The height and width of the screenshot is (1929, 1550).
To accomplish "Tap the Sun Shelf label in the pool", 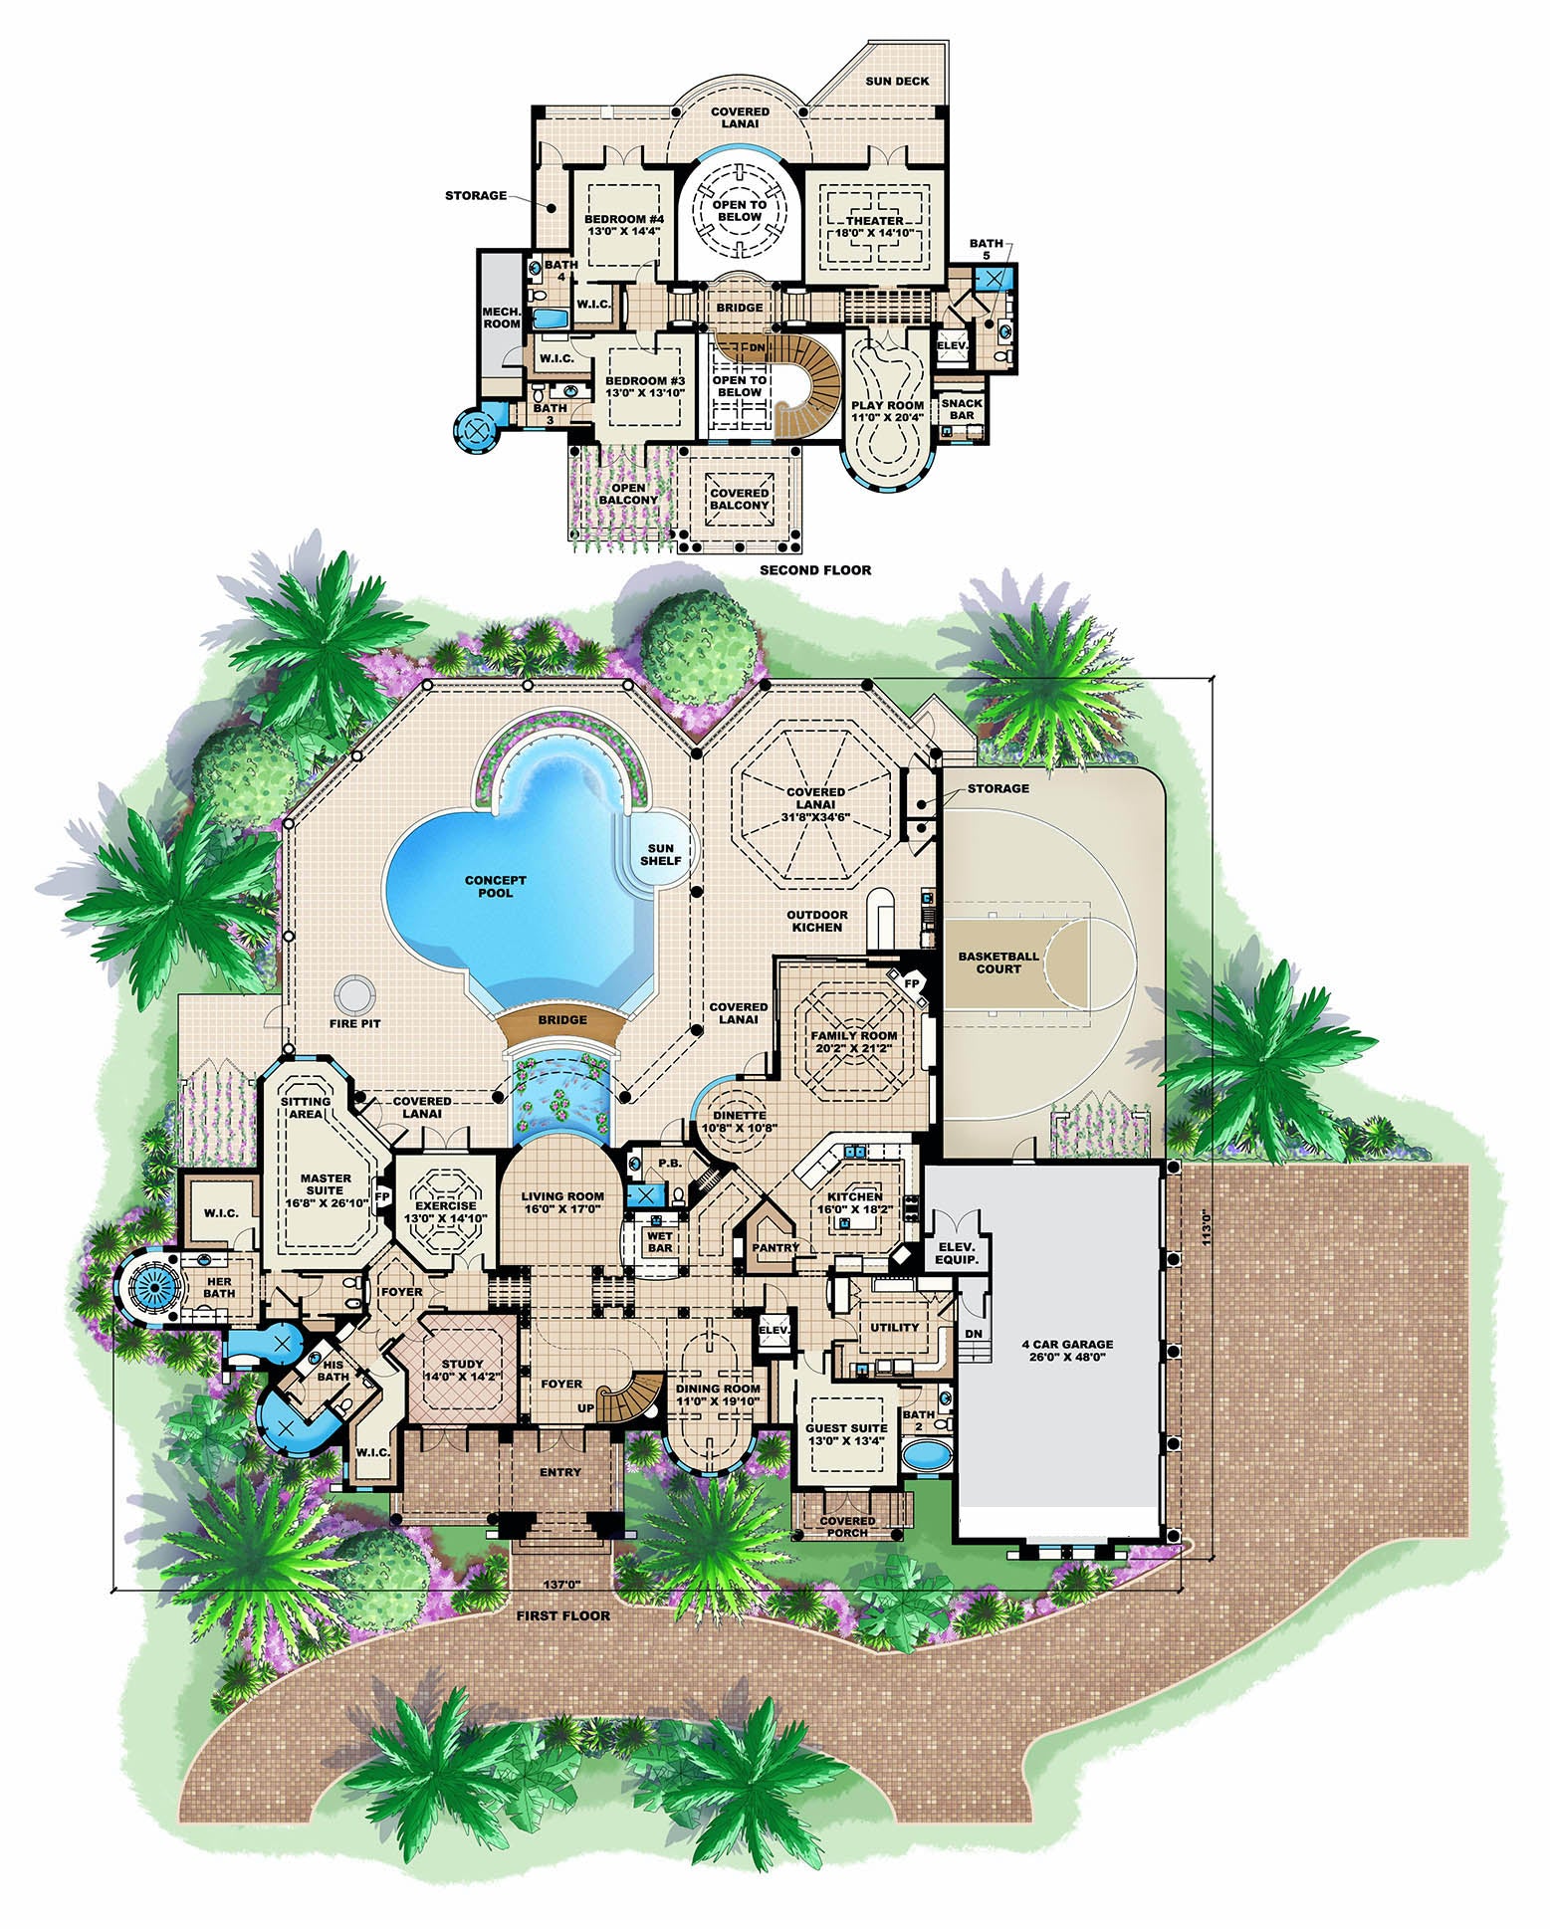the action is [x=661, y=854].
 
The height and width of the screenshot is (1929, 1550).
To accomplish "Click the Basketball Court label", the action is [x=998, y=963].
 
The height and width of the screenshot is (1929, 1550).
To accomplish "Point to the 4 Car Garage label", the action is [x=1066, y=1350].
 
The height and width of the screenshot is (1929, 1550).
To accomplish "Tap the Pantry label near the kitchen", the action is [x=775, y=1247].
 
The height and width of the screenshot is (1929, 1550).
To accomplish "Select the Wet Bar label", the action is [x=659, y=1242].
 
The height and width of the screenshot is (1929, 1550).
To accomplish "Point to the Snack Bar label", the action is [x=962, y=409].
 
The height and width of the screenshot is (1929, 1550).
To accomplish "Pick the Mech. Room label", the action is [x=502, y=317].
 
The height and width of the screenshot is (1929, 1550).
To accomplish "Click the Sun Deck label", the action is [x=897, y=81].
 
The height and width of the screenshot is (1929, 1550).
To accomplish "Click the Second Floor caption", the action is [x=815, y=570].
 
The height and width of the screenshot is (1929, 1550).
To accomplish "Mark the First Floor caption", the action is [x=563, y=1615].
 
